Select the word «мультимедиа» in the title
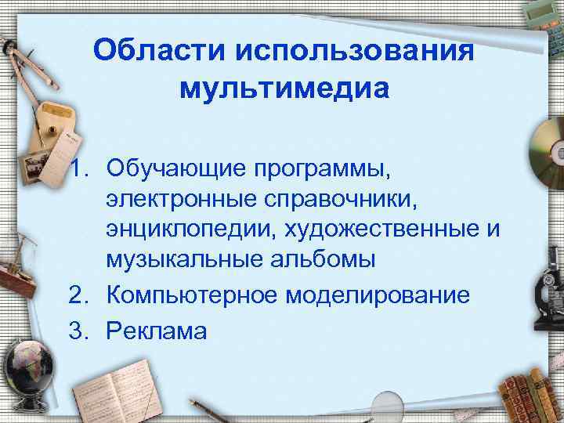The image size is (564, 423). tap(284, 88)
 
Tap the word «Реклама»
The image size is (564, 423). tap(157, 331)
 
